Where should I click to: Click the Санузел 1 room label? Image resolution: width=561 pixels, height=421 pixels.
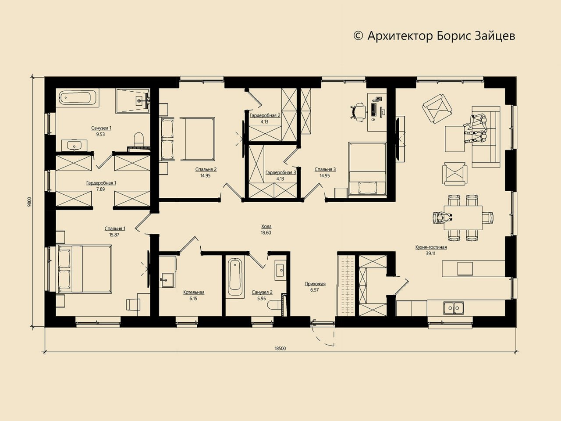click(101, 128)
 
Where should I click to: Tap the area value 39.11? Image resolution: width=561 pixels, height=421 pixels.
click(431, 253)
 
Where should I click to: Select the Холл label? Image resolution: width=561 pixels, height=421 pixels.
click(266, 226)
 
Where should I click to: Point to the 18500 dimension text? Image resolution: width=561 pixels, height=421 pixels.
click(280, 348)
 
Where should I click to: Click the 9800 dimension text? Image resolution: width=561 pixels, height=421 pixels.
click(30, 202)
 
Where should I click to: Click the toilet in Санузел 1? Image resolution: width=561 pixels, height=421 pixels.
click(139, 139)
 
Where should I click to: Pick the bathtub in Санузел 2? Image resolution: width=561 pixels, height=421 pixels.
click(235, 277)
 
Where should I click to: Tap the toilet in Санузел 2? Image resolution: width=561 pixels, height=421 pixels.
click(274, 305)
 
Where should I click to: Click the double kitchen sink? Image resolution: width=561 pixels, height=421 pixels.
click(454, 308)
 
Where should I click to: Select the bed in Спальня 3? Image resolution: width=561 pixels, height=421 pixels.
click(367, 170)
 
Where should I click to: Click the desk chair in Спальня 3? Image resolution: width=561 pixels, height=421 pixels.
click(358, 111)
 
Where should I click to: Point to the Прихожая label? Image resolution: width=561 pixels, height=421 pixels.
click(315, 284)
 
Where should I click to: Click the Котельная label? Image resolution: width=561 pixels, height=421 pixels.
click(194, 292)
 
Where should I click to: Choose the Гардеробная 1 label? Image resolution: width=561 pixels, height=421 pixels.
click(101, 183)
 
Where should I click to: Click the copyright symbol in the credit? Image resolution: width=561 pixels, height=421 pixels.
click(359, 36)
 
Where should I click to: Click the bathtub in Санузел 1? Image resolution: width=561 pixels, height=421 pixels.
click(78, 98)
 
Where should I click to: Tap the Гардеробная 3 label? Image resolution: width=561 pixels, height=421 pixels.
click(280, 172)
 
